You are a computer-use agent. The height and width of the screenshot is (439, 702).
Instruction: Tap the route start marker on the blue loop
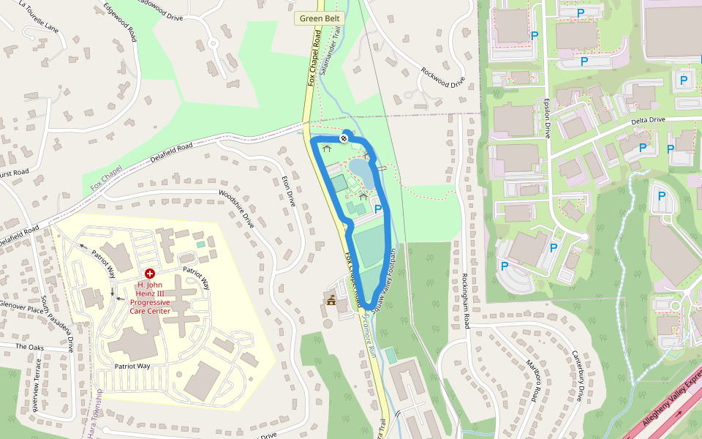click(x=344, y=138)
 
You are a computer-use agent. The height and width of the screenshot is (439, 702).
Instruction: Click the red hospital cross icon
click(x=150, y=273)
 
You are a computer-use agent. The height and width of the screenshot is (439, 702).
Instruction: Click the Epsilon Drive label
click(x=546, y=118)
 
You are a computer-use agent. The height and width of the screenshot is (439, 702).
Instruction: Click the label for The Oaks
click(x=30, y=347)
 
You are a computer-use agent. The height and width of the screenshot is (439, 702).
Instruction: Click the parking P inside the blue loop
click(x=378, y=209)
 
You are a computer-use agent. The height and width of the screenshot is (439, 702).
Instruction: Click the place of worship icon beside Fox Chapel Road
click(x=331, y=301)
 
